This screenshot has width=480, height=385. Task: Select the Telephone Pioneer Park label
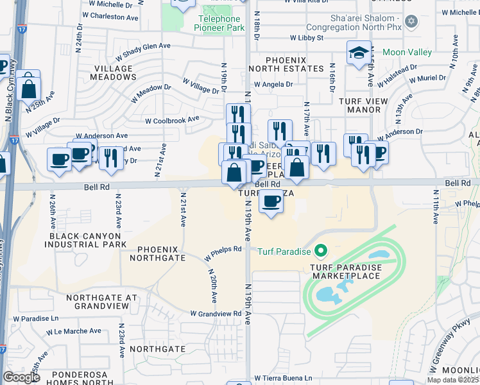(219, 24)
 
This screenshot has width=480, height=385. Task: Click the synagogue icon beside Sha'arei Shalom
(412, 22)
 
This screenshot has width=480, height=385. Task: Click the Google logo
(21, 377)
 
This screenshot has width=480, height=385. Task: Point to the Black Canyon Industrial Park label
(87, 241)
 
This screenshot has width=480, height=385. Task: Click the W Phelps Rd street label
(223, 252)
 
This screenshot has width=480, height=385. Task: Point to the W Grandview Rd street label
(216, 314)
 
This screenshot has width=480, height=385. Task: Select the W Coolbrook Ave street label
(172, 119)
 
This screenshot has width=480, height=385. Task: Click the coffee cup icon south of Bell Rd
(271, 202)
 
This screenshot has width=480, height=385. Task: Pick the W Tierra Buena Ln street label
(283, 378)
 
